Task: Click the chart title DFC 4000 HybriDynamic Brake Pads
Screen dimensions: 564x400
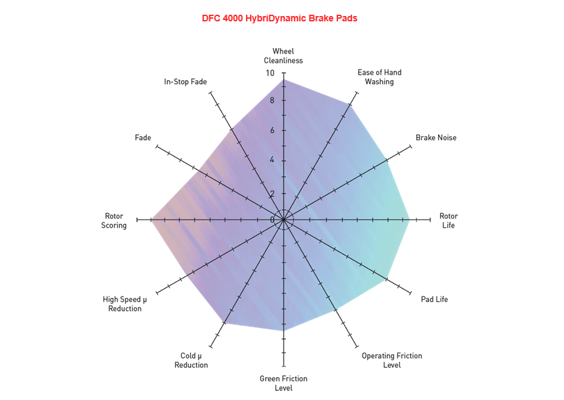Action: coord(279,19)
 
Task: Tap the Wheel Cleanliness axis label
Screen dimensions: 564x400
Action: coord(283,56)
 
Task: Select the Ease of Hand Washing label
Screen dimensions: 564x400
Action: coord(379,77)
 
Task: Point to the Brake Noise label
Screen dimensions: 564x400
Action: coord(436,138)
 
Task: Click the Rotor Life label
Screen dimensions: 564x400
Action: coord(449,220)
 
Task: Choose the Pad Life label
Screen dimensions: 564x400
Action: coord(435,299)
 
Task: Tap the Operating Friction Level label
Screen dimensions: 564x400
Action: coord(392,361)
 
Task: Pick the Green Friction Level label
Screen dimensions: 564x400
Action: coord(283,383)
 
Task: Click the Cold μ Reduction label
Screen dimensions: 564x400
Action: coord(191,361)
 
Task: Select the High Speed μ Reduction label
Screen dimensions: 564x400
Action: coord(125,304)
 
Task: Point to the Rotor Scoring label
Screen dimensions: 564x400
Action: coord(113,220)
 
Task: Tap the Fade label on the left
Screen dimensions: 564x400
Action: coord(143,138)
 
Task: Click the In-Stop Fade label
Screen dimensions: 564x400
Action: coord(185,81)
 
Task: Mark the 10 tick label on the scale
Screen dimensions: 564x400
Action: coord(270,73)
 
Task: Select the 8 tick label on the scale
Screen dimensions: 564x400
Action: coord(272,101)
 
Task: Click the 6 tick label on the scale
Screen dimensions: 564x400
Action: coord(272,130)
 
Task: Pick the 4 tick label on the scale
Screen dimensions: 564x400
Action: coord(272,160)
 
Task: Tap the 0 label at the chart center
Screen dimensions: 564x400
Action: coord(272,220)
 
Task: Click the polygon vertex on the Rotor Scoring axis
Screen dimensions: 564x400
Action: coord(152,220)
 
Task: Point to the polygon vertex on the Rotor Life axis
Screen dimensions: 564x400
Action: coord(409,220)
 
